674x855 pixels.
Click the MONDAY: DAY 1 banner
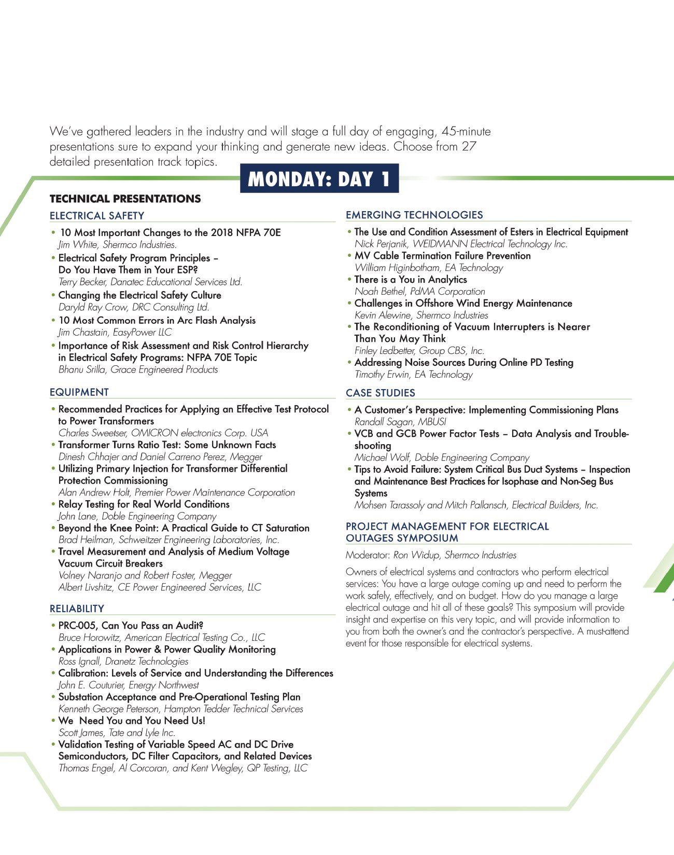319,178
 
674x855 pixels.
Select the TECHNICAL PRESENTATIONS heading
125,199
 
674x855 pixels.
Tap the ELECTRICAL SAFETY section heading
97,215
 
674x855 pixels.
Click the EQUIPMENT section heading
79,392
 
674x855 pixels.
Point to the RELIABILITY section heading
77,609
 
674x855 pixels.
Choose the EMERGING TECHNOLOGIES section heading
414,215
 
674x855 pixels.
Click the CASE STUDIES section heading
381,393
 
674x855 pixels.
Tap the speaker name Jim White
78,245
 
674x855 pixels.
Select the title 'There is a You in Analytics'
411,280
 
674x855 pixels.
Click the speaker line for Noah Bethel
420,292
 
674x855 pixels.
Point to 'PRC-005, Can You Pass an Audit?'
131,626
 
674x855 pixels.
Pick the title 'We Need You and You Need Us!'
132,721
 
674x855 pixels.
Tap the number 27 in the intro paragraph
469,146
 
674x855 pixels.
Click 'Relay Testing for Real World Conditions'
144,504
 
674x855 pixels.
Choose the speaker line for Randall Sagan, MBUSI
400,422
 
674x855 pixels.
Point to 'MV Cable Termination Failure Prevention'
443,256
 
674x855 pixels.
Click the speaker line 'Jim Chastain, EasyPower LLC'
115,333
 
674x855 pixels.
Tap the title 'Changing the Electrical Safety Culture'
139,295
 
